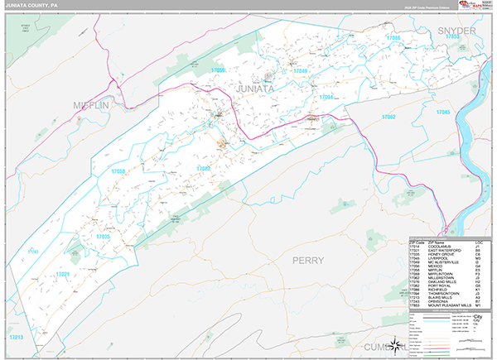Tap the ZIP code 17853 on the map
(x=452, y=37)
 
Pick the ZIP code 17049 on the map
(x=300, y=71)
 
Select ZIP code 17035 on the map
(x=103, y=237)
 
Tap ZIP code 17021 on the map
(x=63, y=273)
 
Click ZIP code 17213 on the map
(x=15, y=338)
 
